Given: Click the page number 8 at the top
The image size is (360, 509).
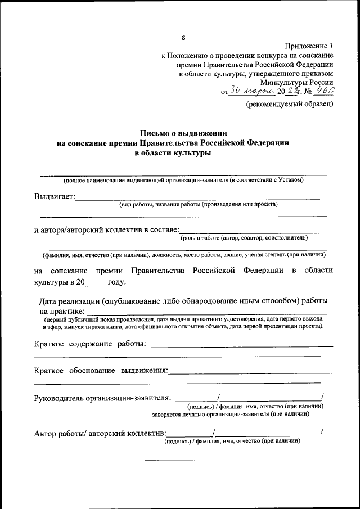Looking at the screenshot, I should click(x=183, y=38).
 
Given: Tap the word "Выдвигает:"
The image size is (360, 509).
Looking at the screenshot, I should click(x=54, y=196).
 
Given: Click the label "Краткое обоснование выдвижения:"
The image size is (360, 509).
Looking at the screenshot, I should click(x=101, y=371).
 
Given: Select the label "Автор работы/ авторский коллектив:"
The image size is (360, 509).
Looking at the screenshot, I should click(x=100, y=433).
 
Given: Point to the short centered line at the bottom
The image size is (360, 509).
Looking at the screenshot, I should click(x=183, y=460).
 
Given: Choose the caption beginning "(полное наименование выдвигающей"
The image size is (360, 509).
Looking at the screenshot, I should click(x=183, y=180).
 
